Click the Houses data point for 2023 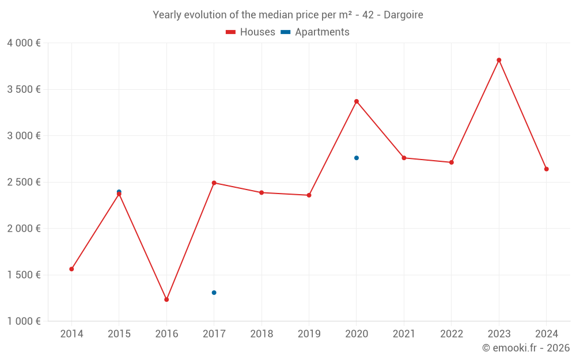499,60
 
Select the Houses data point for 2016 166,300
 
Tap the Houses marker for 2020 357,101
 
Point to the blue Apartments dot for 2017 214,293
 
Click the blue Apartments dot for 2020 357,158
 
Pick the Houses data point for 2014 71,269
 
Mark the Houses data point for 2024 546,169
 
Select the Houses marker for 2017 214,183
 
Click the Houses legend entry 251,32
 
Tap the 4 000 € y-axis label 24,43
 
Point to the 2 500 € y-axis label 24,182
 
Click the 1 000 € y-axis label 24,321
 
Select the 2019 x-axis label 309,334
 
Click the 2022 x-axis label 451,334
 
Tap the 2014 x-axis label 71,334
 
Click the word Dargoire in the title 403,15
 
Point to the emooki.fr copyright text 525,348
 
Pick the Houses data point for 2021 404,158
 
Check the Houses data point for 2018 262,192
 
